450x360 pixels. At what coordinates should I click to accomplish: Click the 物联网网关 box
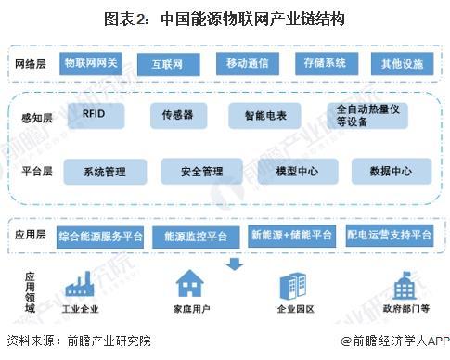pos(90,63)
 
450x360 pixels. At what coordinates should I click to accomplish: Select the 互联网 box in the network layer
pos(167,63)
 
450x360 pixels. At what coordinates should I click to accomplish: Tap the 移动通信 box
pos(245,63)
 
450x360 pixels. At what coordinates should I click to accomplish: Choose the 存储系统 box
pos(324,63)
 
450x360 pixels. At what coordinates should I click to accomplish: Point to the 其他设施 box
pos(402,63)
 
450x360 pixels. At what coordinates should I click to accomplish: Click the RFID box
pos(94,113)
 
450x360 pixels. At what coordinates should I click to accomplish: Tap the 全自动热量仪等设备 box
pos(366,115)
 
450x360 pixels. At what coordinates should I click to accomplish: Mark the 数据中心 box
pos(391,171)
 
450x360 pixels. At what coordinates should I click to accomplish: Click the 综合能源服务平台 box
pos(100,236)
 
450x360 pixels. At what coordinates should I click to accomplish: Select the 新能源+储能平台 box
pos(292,236)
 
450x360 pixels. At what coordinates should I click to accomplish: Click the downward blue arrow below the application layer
pos(235,265)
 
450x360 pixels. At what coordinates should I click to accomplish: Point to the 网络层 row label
pos(30,63)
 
